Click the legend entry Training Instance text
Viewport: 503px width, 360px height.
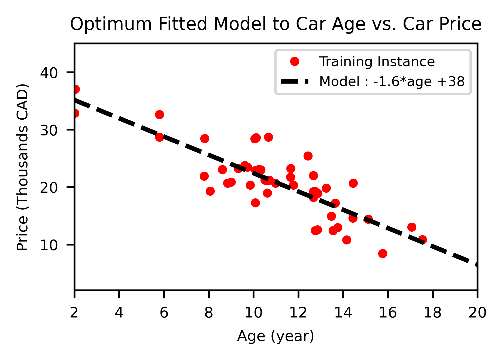coord(377,62)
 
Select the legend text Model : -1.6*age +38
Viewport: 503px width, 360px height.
coord(392,81)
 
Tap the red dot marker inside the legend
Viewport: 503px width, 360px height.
coord(294,62)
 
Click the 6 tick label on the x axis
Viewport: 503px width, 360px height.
coord(164,313)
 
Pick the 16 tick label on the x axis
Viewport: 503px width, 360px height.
coord(388,313)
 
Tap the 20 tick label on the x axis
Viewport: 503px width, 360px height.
coord(477,313)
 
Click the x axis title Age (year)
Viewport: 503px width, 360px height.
coord(275,336)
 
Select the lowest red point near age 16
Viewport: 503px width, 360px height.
coord(383,254)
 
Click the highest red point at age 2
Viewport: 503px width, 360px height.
coord(76,89)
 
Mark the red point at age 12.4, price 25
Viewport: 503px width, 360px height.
coord(308,156)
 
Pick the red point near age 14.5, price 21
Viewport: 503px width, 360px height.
coord(353,183)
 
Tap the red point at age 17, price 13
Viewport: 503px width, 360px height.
coord(412,227)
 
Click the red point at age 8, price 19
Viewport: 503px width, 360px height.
coord(210,191)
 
